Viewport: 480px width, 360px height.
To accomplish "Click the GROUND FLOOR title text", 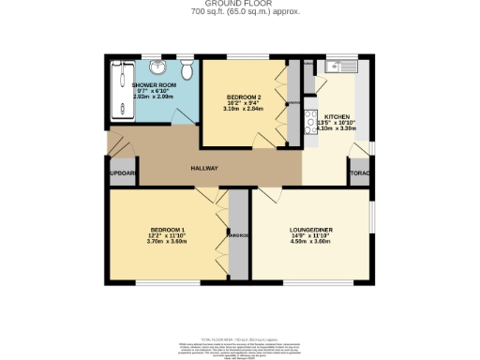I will point(239,4).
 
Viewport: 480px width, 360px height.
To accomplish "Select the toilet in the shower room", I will point(187,71).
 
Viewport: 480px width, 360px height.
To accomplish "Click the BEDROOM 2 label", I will point(245,97).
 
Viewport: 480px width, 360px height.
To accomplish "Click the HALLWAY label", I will point(204,169).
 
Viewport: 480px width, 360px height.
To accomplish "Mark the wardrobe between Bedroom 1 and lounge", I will point(238,234).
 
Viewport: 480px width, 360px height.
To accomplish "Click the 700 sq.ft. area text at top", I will point(239,12).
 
